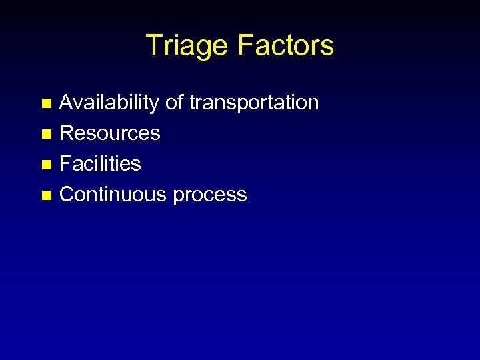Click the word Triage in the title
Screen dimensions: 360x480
pyautogui.click(x=186, y=46)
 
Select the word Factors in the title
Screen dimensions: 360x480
pyautogui.click(x=285, y=46)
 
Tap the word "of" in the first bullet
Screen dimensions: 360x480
pyautogui.click(x=174, y=103)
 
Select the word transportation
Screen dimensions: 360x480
pyautogui.click(x=254, y=103)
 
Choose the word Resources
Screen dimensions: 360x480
pyautogui.click(x=110, y=133)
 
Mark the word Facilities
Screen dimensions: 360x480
pyautogui.click(x=100, y=164)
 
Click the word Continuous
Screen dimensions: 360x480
pyautogui.click(x=113, y=195)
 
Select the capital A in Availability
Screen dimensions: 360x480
pyautogui.click(x=67, y=103)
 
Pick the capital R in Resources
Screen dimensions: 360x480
pyautogui.click(x=66, y=133)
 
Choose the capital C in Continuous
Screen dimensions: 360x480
pyautogui.click(x=67, y=195)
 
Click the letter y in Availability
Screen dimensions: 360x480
pyautogui.click(x=155, y=105)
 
